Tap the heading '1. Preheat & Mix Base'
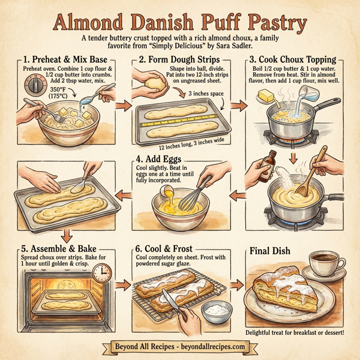[66, 60]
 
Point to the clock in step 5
[102, 274]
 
